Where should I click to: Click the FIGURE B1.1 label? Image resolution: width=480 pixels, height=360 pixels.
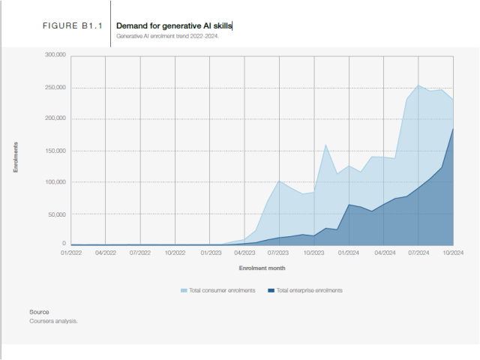(x=72, y=26)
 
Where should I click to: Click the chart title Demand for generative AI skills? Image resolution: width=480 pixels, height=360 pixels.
(x=174, y=26)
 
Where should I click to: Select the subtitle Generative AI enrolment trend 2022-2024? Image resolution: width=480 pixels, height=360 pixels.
(x=167, y=36)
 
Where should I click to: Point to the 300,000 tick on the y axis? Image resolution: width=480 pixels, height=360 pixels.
(x=55, y=55)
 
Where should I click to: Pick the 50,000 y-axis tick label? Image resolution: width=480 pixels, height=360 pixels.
(x=58, y=214)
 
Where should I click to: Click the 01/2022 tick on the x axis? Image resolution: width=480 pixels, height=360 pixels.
(x=70, y=253)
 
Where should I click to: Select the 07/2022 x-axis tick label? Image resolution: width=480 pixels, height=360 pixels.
(x=140, y=253)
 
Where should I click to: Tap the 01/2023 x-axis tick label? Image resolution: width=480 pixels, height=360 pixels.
(x=210, y=253)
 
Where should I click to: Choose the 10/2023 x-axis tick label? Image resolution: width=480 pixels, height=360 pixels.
(x=314, y=253)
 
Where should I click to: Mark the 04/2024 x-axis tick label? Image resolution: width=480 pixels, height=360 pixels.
(x=384, y=253)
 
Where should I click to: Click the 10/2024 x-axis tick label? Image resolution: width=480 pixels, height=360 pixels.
(x=453, y=253)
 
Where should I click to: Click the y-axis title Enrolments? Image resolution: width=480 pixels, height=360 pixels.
(x=16, y=157)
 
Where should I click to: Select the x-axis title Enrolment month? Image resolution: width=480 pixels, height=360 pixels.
(x=262, y=268)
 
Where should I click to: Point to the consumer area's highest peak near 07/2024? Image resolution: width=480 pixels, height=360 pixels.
(x=418, y=85)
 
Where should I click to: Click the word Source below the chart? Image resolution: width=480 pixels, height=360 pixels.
(x=39, y=312)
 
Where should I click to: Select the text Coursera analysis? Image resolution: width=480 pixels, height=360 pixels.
(x=53, y=321)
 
